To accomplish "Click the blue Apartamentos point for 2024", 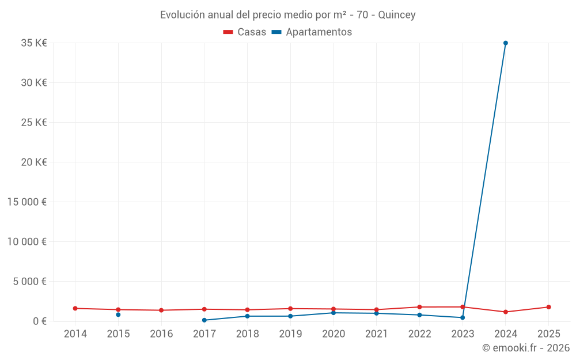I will [x=505, y=43].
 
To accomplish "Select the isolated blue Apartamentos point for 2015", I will [x=118, y=314].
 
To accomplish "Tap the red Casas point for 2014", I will [x=75, y=308].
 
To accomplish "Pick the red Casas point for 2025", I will [x=548, y=307].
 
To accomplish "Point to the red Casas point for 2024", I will [x=505, y=312].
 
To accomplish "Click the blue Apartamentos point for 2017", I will [x=204, y=320].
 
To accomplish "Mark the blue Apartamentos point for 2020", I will [x=334, y=313].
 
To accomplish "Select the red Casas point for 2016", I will [x=161, y=310].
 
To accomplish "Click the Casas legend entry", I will [x=245, y=32].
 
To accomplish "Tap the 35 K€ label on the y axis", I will [x=35, y=43].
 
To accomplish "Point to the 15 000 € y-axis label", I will [x=28, y=202].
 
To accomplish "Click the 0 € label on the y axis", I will [x=40, y=321].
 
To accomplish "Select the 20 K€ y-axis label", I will [x=35, y=162].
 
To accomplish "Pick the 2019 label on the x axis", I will [x=290, y=334].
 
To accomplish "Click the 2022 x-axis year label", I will [x=419, y=334].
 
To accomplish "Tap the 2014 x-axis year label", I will [x=75, y=334].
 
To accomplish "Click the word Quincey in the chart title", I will [x=397, y=15].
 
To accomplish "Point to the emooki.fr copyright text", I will [x=525, y=348].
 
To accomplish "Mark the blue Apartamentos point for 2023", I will [x=463, y=317].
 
